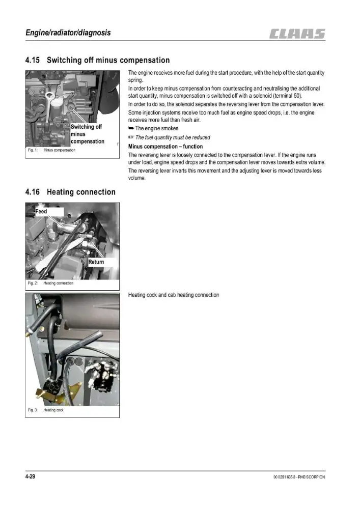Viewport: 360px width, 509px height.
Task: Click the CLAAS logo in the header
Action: tap(297, 34)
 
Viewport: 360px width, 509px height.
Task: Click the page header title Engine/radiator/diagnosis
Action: tap(68, 33)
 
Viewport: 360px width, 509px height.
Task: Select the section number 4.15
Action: tap(33, 60)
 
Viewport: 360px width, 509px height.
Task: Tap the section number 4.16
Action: tap(33, 192)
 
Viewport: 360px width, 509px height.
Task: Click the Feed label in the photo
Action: tap(41, 211)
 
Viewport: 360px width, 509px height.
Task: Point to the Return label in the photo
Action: tap(96, 262)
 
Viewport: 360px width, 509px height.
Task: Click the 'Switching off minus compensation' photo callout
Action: tap(87, 134)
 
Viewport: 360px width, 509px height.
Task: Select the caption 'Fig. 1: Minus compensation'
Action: tap(51, 150)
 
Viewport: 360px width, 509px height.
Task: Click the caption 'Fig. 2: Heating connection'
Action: tap(50, 283)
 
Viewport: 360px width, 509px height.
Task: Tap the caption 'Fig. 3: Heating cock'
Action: tap(46, 410)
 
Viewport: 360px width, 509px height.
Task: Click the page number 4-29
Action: tap(30, 476)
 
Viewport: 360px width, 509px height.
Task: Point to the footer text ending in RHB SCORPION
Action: tap(299, 477)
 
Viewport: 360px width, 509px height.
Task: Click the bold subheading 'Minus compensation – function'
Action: tap(165, 147)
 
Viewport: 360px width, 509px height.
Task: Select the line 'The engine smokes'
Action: tap(153, 128)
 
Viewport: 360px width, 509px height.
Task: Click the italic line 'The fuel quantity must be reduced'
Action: tap(169, 137)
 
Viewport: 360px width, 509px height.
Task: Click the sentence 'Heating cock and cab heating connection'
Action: tap(174, 295)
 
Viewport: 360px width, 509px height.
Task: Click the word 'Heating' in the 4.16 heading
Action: tap(61, 192)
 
